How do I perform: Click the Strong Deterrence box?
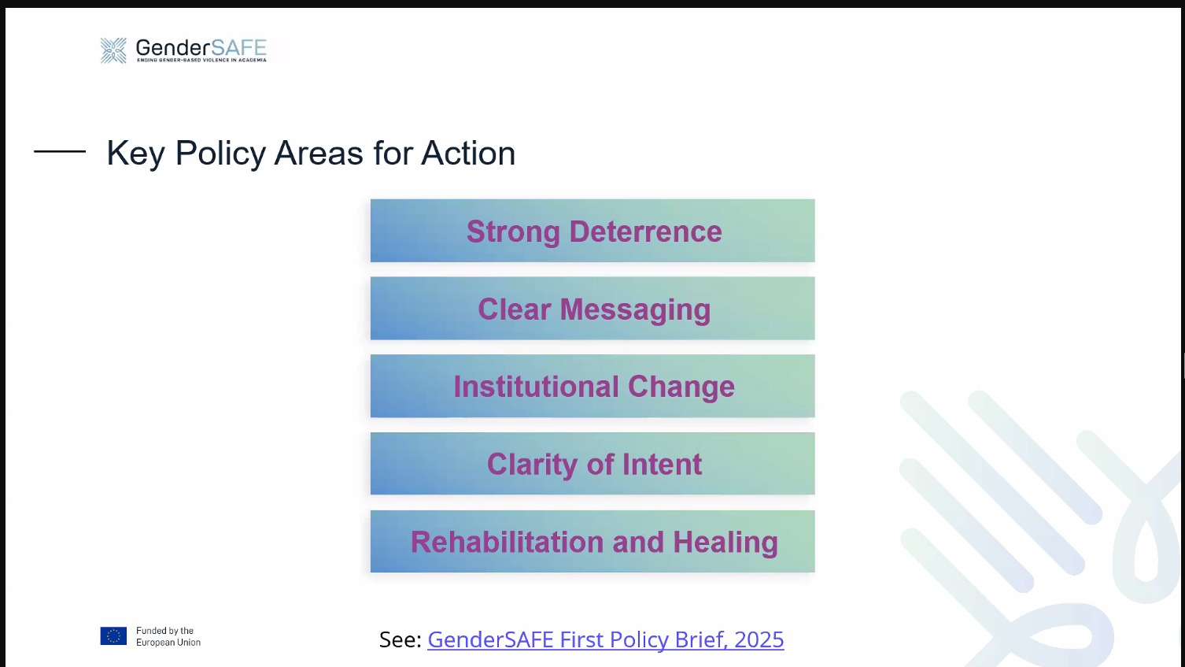(x=592, y=231)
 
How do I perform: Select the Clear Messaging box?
(x=592, y=308)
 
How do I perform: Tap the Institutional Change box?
(x=592, y=386)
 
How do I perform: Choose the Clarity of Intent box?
(x=592, y=464)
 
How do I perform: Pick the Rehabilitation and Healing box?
(x=592, y=541)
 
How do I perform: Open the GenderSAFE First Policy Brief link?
(x=606, y=639)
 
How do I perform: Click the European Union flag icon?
(x=114, y=636)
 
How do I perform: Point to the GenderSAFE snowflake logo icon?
(x=114, y=50)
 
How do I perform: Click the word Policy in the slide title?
(x=220, y=154)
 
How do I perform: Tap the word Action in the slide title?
(x=468, y=153)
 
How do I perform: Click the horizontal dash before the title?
(x=60, y=151)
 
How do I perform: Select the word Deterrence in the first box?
(x=645, y=232)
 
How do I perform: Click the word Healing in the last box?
(x=725, y=543)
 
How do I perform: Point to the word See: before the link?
(x=401, y=639)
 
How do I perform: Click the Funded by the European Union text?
(x=168, y=636)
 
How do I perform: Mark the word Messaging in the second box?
(x=635, y=309)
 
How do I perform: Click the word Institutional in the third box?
(x=536, y=387)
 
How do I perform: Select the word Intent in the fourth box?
(x=662, y=465)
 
